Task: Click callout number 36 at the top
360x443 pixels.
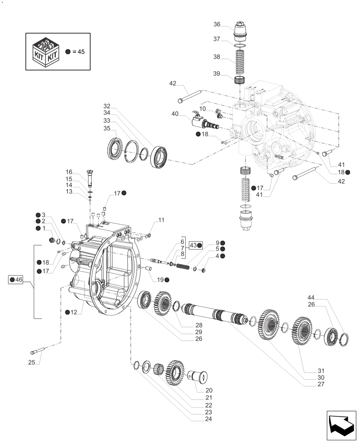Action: [x=217, y=24]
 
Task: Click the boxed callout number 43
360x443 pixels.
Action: [x=193, y=245]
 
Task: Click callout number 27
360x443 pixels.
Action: [x=321, y=384]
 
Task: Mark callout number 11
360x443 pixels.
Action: [x=161, y=220]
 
